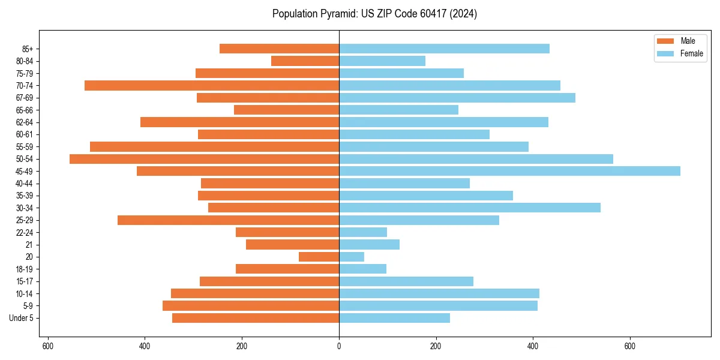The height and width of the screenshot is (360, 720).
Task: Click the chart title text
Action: coord(374,14)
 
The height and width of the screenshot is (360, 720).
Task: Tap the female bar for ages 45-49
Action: coord(509,171)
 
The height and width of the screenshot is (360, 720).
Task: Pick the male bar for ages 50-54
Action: coord(204,159)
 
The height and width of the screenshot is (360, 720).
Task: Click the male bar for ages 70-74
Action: coord(212,85)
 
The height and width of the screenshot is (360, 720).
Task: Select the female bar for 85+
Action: coord(444,49)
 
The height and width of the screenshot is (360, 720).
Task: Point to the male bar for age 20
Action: coord(319,257)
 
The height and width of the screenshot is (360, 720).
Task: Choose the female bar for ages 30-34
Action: coord(470,208)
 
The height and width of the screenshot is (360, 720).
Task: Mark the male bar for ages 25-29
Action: coord(228,220)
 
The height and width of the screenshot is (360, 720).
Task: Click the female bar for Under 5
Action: coord(394,318)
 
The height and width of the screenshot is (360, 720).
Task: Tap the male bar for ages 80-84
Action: coord(305,61)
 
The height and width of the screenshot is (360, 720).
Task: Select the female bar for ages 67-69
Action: coord(457,98)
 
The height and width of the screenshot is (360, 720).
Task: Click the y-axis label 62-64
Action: coord(24,122)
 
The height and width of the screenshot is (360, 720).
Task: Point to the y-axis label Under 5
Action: coord(21,318)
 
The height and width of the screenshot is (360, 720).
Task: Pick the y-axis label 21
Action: coord(29,245)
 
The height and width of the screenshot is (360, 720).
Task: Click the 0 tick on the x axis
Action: coord(339,346)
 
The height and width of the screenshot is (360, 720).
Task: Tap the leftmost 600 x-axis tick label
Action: coord(48,346)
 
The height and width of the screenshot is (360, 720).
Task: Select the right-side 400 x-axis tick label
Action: coord(533,346)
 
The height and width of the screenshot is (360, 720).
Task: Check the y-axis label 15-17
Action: coord(24,281)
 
